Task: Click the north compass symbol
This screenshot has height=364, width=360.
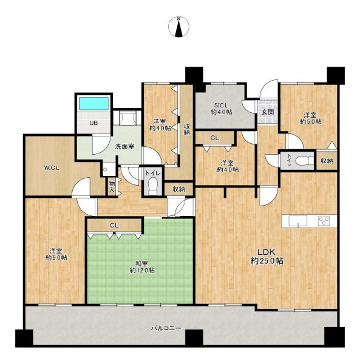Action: [178, 27]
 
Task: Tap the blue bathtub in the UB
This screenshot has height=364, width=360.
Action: [94, 104]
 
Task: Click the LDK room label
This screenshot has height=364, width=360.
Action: [267, 256]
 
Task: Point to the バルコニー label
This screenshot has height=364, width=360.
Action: [166, 328]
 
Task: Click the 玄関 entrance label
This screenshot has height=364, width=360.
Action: [268, 112]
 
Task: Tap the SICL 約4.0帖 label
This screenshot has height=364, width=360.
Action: [221, 109]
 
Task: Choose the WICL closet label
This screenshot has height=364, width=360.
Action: [52, 168]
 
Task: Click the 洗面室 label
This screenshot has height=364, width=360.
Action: [124, 146]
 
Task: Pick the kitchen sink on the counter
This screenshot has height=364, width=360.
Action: [297, 221]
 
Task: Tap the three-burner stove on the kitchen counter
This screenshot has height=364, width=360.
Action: [324, 221]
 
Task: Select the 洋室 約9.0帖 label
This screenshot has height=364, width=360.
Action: [56, 254]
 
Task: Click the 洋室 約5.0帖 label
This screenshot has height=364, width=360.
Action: [311, 118]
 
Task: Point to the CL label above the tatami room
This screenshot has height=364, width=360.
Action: [114, 225]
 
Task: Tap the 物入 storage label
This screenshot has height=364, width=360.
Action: [112, 187]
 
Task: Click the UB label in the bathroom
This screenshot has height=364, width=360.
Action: [93, 123]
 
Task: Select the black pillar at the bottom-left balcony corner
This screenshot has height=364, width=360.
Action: [24, 338]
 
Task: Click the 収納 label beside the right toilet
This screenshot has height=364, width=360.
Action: [327, 161]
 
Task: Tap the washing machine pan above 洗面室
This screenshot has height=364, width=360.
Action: [127, 117]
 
